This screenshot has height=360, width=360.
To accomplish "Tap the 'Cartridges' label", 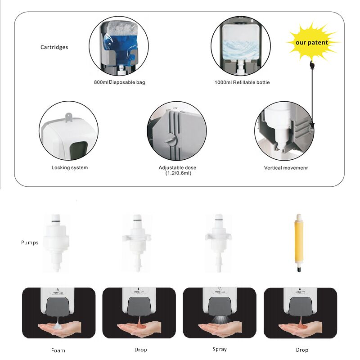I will tap(54, 47).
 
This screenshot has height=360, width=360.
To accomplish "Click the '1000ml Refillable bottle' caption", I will tap(242, 82).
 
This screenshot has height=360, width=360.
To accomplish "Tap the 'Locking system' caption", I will tap(70, 168).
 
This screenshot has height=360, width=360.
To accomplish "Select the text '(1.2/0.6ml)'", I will tap(177, 173).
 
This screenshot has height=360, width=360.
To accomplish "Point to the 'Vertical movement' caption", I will tap(286, 168).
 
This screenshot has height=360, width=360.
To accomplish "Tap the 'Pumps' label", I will tap(30, 243).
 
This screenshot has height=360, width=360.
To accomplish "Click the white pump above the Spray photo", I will tap(218, 241).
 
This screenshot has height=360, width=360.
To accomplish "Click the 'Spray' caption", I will tap(220, 349).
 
